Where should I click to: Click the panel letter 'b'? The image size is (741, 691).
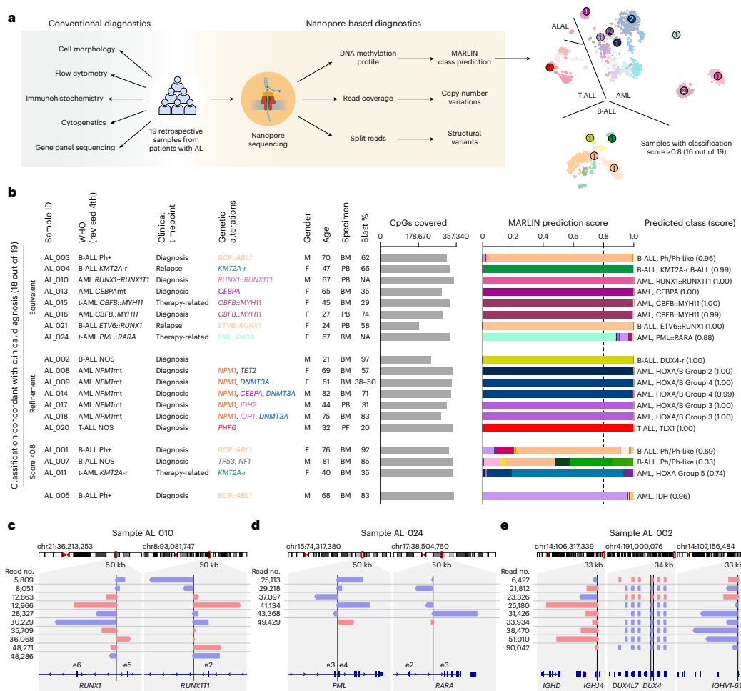point(11,192)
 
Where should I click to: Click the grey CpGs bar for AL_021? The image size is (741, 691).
point(400,326)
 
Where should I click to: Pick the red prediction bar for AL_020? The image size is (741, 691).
point(558,427)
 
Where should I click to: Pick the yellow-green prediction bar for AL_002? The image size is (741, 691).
point(558,359)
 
